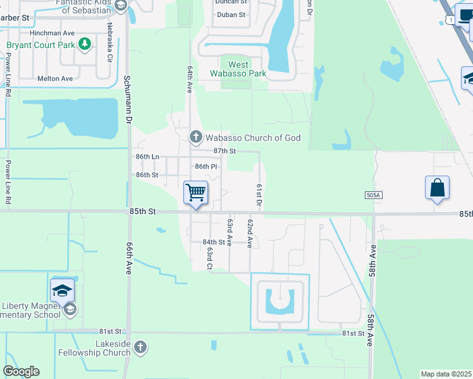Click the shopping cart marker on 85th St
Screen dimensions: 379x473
tap(196, 192)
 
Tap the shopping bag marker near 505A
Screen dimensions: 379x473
tap(437, 188)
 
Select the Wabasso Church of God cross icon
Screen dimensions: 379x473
tap(196, 137)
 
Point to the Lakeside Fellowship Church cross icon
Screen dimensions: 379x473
tap(140, 347)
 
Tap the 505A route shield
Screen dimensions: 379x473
tap(374, 196)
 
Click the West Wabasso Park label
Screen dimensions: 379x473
tap(238, 69)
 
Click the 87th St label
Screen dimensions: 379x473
tap(224, 151)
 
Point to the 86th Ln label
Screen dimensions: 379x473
tap(147, 156)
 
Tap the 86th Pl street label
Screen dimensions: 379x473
tap(206, 166)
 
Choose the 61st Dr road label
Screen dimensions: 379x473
tap(259, 195)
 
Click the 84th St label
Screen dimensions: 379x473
tap(214, 242)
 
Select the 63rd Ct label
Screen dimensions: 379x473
tap(208, 258)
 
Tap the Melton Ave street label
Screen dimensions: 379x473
tap(55, 78)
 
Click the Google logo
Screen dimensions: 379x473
tap(21, 371)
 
